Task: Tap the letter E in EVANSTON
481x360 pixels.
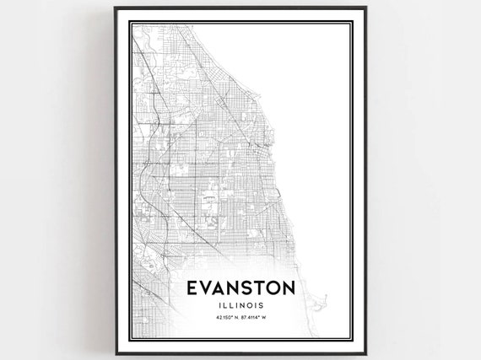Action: click(x=190, y=288)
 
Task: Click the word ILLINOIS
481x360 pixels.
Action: click(x=240, y=306)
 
